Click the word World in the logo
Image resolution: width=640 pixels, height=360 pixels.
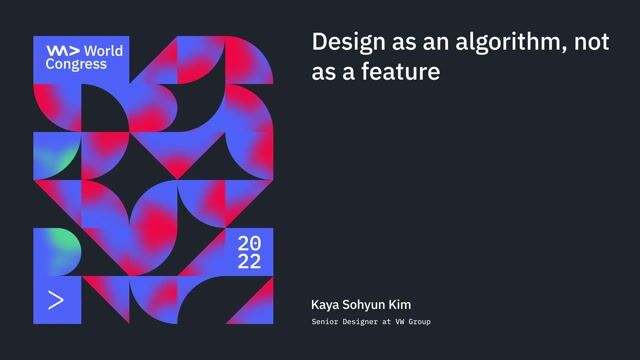[x=103, y=49]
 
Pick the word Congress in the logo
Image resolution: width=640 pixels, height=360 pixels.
[x=76, y=63]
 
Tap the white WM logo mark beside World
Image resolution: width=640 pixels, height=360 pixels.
[x=62, y=49]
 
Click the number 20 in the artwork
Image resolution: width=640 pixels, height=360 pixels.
[x=249, y=243]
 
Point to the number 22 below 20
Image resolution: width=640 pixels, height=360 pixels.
[x=249, y=262]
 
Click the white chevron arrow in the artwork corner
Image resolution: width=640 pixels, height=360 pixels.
[x=56, y=299]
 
